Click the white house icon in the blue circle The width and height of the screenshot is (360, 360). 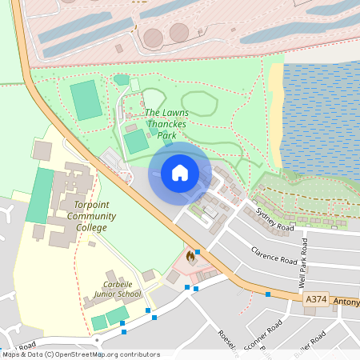pos(180,173)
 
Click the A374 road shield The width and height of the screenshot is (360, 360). pos(316,298)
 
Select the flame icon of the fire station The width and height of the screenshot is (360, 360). pos(190,257)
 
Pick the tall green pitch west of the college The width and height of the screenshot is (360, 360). pos(39,194)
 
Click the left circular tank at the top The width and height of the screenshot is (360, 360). pos(153,37)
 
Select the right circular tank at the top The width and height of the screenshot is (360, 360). pos(178,32)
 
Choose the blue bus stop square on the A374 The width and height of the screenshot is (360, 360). pos(268,294)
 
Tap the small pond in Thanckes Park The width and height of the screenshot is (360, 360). pos(122,79)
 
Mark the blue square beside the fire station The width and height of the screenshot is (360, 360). pos(197,251)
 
